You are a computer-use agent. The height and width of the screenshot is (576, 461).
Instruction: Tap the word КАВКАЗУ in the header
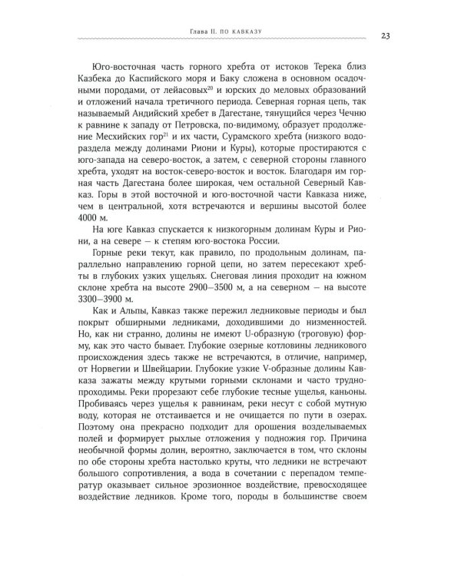point(254,31)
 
